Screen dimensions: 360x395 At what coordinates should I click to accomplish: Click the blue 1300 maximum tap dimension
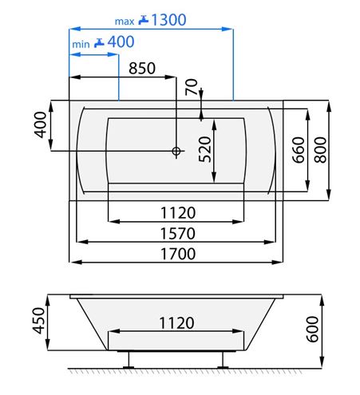point(168,20)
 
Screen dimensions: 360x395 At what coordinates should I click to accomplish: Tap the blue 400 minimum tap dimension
point(121,41)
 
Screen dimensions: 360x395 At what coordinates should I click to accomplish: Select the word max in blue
point(125,22)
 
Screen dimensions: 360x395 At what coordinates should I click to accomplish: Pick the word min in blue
point(81,44)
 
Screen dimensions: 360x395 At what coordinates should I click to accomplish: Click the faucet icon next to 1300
point(144,20)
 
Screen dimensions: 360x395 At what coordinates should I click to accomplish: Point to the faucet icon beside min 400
point(99,43)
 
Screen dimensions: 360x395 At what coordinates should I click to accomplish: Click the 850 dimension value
point(142,69)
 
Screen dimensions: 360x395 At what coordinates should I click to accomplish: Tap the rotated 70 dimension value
point(192,87)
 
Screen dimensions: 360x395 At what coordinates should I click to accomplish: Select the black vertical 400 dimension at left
point(40,124)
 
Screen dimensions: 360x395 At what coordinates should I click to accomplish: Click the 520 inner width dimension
point(205,149)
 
